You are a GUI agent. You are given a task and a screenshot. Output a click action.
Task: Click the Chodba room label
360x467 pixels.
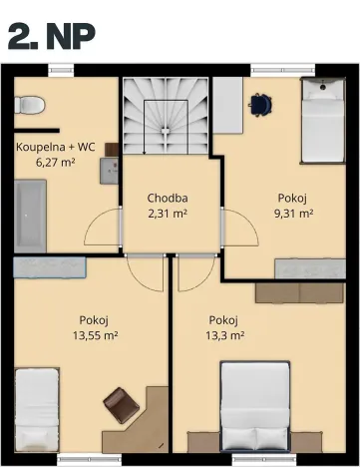pos(168,198)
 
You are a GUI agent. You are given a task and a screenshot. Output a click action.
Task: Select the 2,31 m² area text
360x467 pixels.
pos(168,213)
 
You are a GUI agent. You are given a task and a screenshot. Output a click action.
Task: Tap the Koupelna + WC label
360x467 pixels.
pos(55,145)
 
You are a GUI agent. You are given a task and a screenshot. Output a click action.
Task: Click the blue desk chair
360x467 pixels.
pos(261,103)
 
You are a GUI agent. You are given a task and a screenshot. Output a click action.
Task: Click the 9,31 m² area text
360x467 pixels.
pos(294,213)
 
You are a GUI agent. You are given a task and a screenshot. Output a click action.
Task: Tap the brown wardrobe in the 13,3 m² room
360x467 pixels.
pos(300,292)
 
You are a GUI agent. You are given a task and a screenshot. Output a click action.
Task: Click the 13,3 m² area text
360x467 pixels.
pos(226,335)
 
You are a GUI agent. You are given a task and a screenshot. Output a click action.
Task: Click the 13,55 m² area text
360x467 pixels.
pos(95,335)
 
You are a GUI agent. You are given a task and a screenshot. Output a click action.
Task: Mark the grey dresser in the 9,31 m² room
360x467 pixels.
pos(310,268)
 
